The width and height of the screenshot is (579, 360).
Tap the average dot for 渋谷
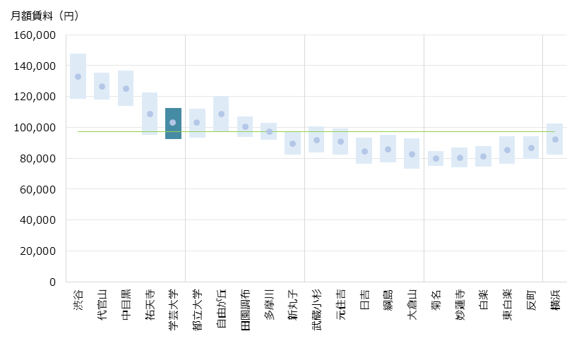point(78,77)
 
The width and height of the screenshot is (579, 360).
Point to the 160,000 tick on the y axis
point(35,35)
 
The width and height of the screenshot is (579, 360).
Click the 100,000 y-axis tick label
point(35,128)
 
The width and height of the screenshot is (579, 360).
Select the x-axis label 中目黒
point(126,304)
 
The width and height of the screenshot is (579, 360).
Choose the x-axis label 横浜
point(555,300)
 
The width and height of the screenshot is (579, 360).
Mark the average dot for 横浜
point(555,140)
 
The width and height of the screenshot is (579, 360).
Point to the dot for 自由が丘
point(221,114)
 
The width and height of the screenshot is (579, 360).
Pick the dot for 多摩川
point(269,131)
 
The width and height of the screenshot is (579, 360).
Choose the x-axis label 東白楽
point(507,304)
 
